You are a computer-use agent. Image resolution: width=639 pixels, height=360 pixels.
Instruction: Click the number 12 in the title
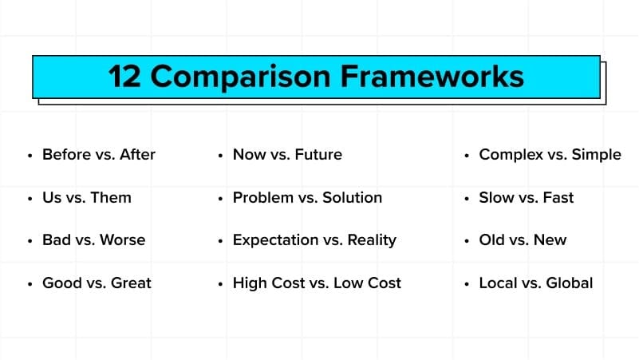tap(124, 77)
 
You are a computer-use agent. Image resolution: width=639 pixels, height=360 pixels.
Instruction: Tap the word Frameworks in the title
tap(432, 77)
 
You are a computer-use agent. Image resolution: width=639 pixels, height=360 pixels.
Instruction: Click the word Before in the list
tap(67, 155)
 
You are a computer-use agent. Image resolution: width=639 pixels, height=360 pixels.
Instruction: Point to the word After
tap(137, 155)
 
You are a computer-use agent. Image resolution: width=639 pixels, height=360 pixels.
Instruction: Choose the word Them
tap(111, 198)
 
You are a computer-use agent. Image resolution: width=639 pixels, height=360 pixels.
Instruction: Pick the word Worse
tap(122, 240)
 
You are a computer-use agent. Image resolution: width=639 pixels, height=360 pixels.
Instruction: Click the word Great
tap(131, 283)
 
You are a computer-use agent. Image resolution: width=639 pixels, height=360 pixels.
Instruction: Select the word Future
tap(318, 155)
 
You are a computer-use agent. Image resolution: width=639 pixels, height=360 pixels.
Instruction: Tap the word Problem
tap(263, 198)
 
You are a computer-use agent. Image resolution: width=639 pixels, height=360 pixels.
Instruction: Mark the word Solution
tap(352, 198)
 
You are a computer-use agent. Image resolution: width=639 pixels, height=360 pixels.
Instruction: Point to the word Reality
tap(372, 240)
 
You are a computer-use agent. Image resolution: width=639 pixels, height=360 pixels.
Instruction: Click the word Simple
tap(596, 155)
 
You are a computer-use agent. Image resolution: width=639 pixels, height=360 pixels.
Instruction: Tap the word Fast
tap(558, 198)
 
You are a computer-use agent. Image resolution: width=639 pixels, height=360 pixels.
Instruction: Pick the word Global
tap(570, 283)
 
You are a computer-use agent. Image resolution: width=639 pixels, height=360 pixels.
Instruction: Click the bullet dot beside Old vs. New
tap(467, 241)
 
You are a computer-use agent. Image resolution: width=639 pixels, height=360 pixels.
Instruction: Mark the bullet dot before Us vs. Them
tap(30, 199)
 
